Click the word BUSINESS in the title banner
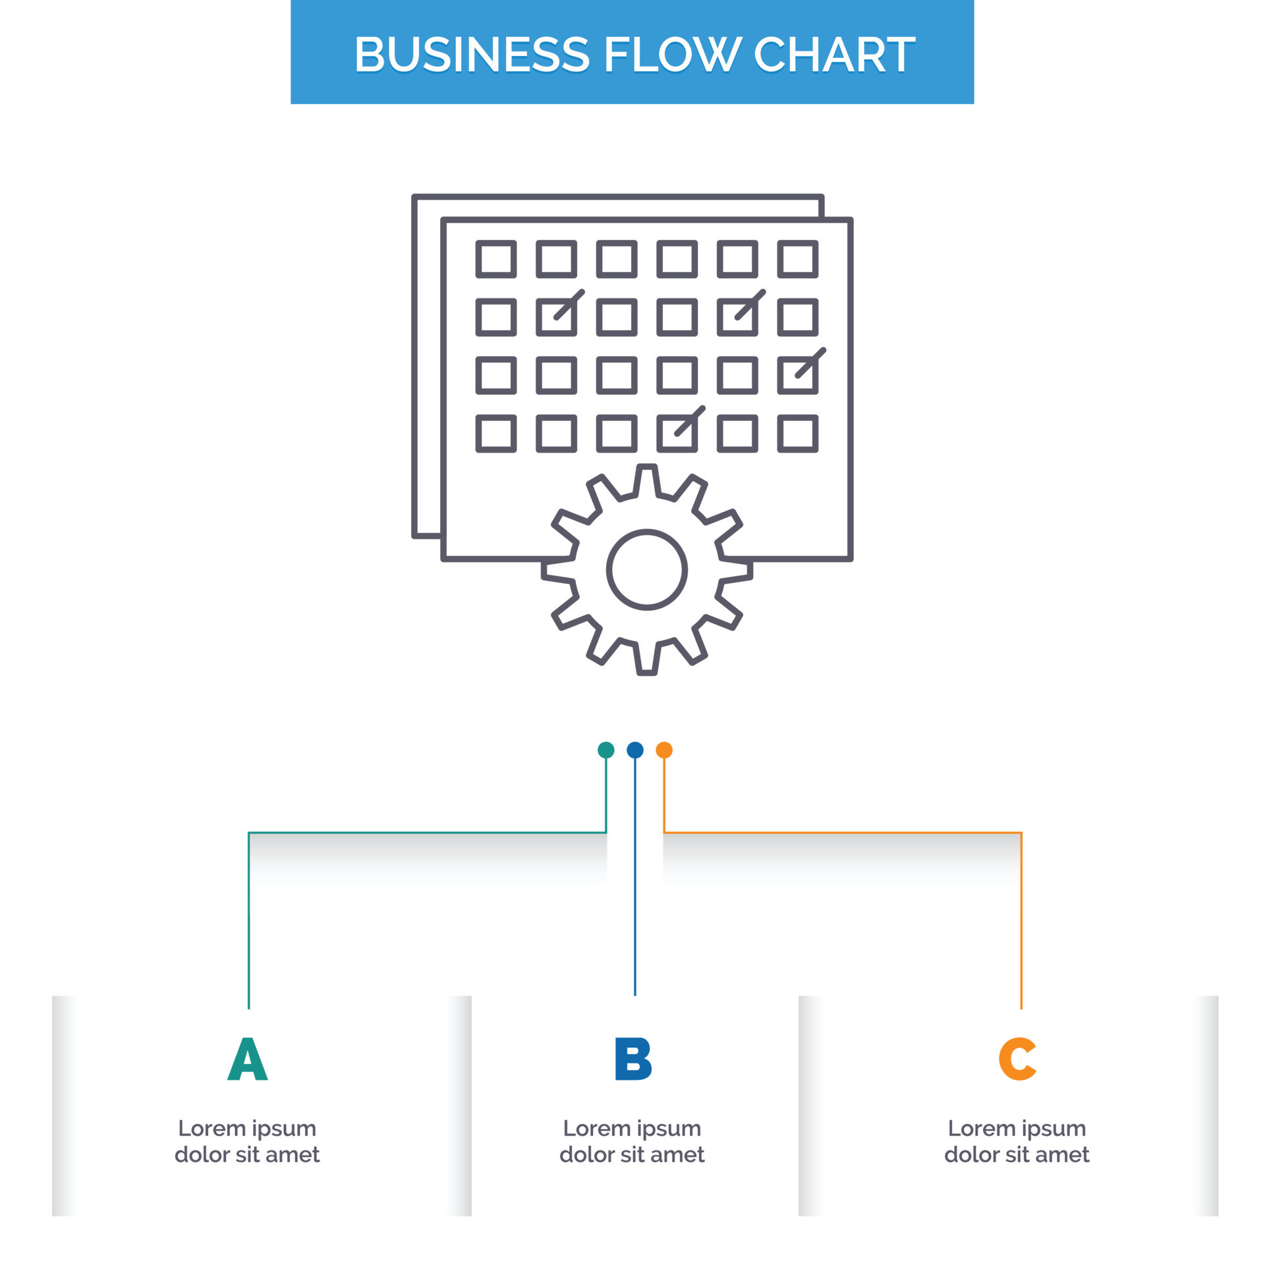tap(472, 54)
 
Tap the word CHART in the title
tap(833, 54)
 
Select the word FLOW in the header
tap(671, 54)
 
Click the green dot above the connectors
tap(605, 750)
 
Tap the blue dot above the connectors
tap(634, 750)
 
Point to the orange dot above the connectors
tap(664, 750)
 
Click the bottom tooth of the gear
tap(646, 659)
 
